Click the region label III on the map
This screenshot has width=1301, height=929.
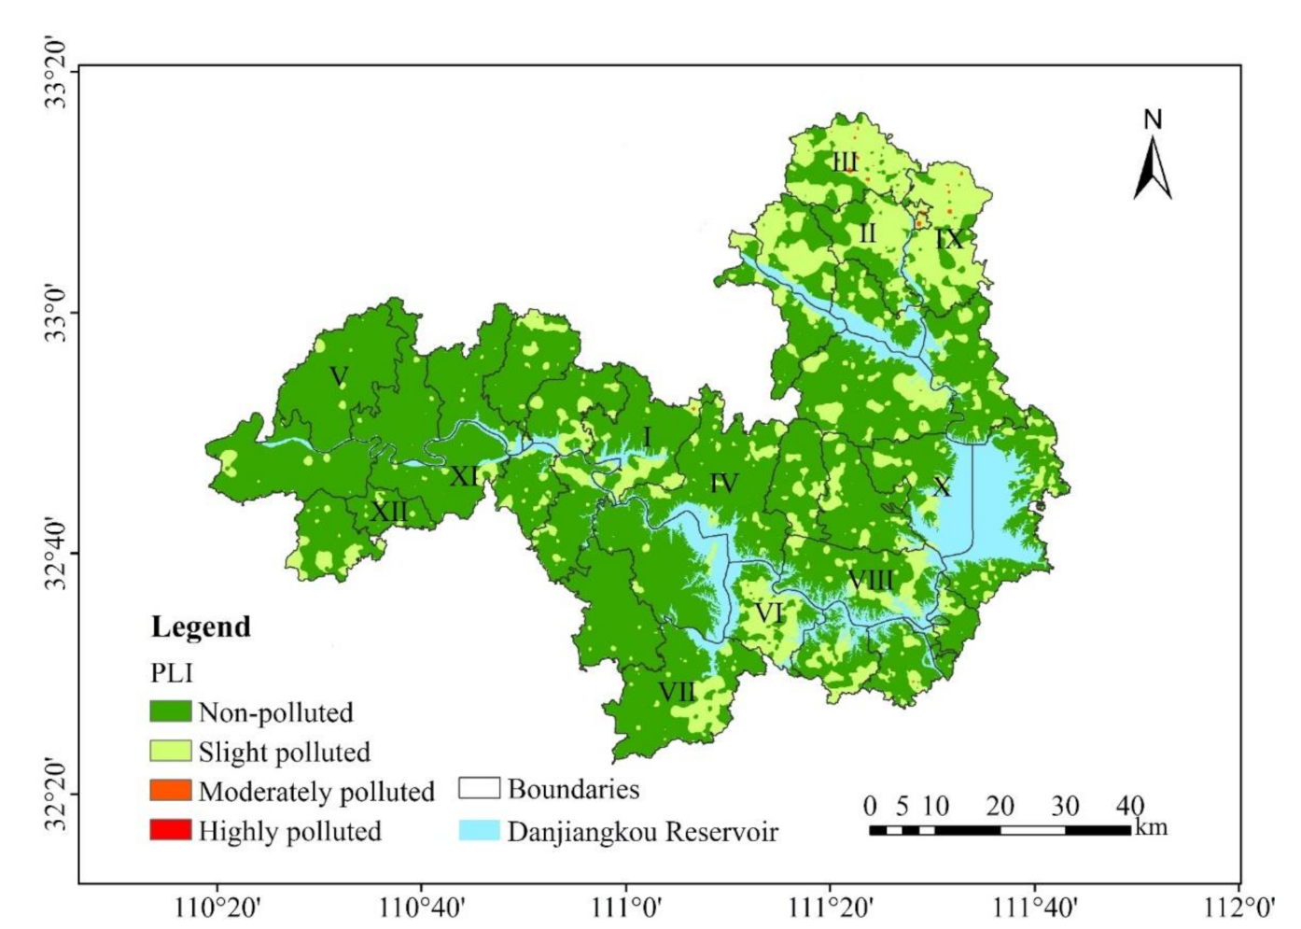845,162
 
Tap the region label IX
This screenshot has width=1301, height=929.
949,239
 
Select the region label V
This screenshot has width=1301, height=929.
339,376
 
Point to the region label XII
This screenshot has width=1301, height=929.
389,512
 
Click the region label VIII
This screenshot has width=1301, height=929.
870,580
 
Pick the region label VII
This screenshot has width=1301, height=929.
677,692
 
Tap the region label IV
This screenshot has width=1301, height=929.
724,484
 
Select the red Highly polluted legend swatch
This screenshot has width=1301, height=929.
170,829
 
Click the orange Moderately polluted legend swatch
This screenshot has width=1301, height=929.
170,790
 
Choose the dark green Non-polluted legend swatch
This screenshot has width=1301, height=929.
170,711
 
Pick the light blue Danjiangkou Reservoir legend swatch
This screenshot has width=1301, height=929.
479,830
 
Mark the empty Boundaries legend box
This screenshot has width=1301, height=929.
479,789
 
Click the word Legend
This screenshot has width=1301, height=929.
201,626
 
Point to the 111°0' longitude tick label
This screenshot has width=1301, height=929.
625,907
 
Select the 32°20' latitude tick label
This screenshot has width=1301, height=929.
57,795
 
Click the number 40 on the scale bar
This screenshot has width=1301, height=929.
1130,806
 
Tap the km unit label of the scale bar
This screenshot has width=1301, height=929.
1152,827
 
